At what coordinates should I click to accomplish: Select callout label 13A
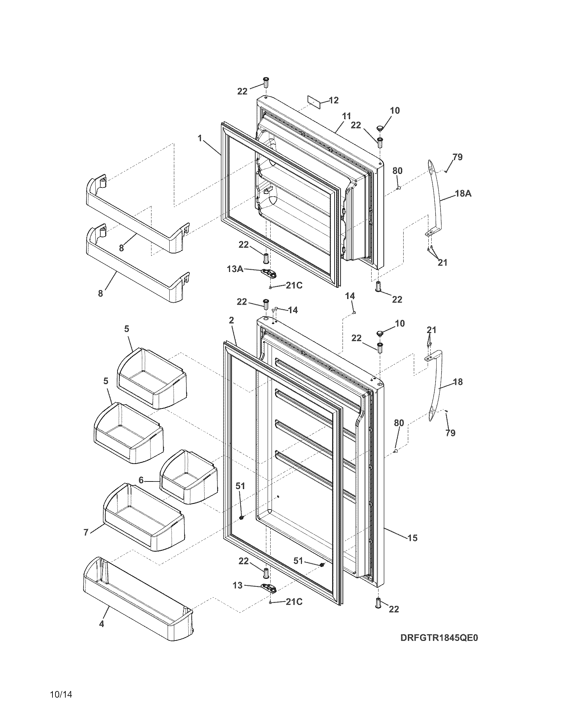(x=235, y=269)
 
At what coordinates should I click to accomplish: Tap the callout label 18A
(x=463, y=193)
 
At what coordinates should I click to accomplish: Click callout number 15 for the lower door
(x=412, y=538)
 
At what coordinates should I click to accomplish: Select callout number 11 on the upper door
(x=346, y=116)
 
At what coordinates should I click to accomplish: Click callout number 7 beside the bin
(x=86, y=532)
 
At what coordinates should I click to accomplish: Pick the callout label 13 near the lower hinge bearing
(x=238, y=586)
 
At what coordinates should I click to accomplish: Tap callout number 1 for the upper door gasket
(x=200, y=138)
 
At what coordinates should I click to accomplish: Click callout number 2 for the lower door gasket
(x=231, y=320)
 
